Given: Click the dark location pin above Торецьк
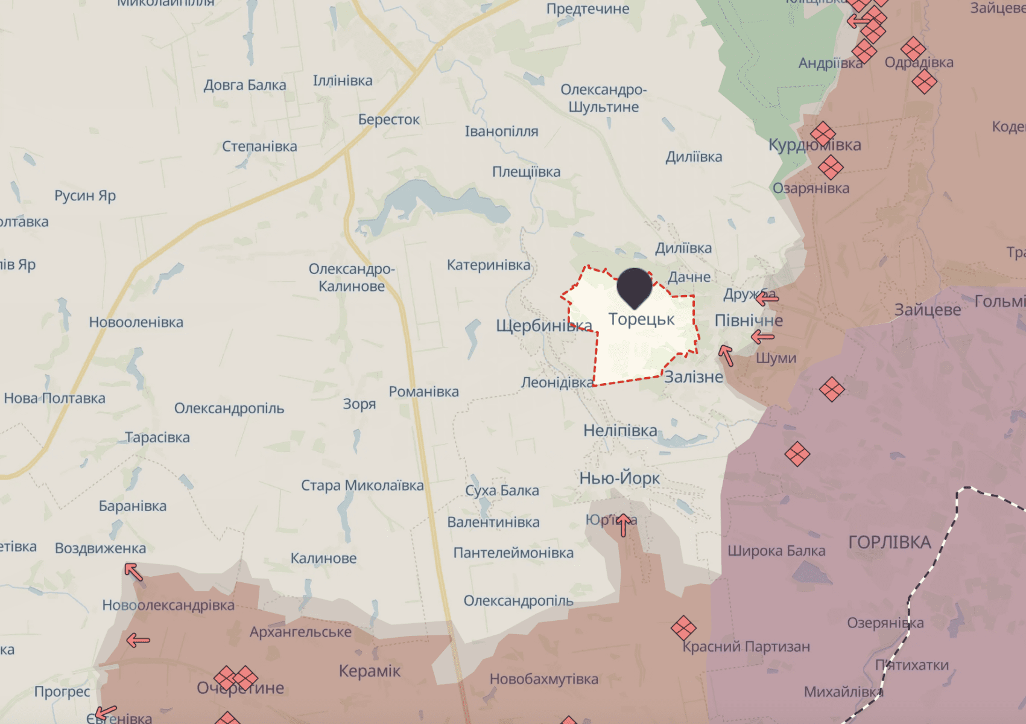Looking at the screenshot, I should (635, 287).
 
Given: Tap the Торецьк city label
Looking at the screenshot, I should (641, 319).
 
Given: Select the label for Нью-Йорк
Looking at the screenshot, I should (619, 478).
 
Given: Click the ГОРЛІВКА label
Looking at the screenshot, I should (890, 542).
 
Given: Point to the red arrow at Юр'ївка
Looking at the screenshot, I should (624, 524).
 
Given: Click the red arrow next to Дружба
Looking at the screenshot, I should (767, 297).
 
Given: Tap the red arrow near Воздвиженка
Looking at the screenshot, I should (134, 571).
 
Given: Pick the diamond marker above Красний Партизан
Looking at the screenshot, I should (683, 628).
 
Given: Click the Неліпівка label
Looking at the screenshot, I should (620, 431).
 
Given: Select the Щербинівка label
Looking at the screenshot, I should (543, 326).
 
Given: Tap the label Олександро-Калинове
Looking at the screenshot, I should (352, 278).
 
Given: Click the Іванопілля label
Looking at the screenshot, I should (501, 132).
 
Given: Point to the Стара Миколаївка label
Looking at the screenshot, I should (362, 486).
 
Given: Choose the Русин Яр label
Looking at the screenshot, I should (85, 195).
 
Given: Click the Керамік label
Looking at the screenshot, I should (369, 671).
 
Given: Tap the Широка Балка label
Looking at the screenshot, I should (776, 551).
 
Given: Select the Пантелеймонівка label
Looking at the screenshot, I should (513, 553).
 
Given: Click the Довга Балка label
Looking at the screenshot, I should (244, 85).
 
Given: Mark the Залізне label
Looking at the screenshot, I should (694, 377).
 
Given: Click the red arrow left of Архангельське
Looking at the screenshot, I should (138, 640).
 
